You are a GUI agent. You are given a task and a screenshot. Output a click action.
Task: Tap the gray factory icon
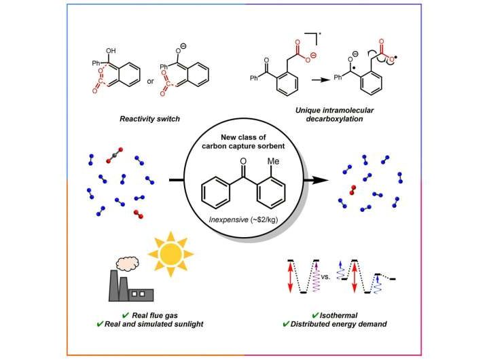pyautogui.click(x=130, y=286)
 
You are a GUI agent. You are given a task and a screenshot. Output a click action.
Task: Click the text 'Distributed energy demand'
pyautogui.click(x=348, y=325)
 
